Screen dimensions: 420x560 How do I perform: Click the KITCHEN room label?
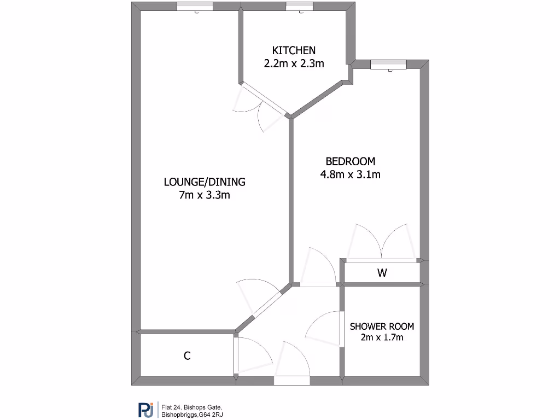pyautogui.click(x=294, y=50)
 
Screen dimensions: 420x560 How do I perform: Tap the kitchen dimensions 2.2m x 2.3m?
pyautogui.click(x=294, y=63)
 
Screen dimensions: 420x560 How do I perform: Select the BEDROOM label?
pyautogui.click(x=351, y=161)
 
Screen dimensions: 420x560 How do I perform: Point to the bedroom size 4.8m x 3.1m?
pyautogui.click(x=351, y=175)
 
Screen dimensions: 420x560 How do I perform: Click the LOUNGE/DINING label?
pyautogui.click(x=205, y=182)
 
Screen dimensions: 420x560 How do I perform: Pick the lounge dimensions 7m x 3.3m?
pyautogui.click(x=205, y=195)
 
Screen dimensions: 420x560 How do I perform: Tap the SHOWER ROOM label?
pyautogui.click(x=382, y=326)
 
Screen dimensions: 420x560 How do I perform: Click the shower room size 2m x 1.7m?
pyautogui.click(x=382, y=337)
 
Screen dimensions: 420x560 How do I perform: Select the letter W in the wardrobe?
pyautogui.click(x=382, y=273)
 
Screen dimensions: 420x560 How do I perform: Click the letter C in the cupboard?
pyautogui.click(x=187, y=356)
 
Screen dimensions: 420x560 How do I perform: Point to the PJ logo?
pyautogui.click(x=145, y=410)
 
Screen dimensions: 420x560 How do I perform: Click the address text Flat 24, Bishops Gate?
pyautogui.click(x=192, y=407)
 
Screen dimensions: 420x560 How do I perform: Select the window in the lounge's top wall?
pyautogui.click(x=195, y=7)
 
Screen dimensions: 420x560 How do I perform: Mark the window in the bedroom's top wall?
pyautogui.click(x=389, y=65)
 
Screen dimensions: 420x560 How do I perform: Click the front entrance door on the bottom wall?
pyautogui.click(x=291, y=380)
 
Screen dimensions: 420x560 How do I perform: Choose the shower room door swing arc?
pyautogui.click(x=323, y=329)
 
